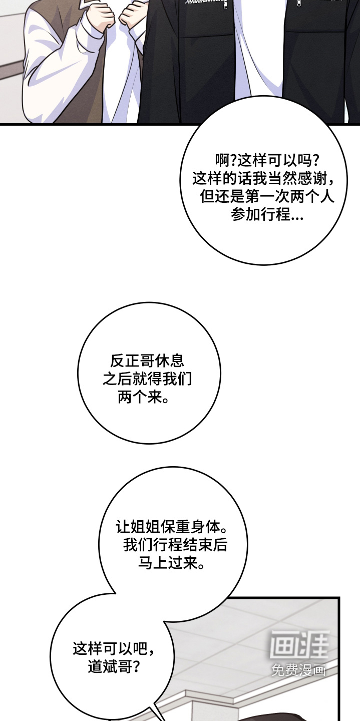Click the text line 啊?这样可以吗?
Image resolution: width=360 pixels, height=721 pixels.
coord(267,160)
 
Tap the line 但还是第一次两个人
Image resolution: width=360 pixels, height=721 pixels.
coord(267,196)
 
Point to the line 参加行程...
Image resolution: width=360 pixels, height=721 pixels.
coord(267,214)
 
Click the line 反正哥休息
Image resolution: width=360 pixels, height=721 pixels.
coord(147,361)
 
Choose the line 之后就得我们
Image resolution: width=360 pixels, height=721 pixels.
coord(147,379)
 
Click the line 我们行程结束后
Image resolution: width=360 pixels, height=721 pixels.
coord(175,545)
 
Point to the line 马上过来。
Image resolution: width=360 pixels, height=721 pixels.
coord(172,563)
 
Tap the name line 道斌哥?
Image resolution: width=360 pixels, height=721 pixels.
coord(114,666)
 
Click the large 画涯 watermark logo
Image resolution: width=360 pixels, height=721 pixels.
coord(299,644)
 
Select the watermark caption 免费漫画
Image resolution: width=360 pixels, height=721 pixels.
coord(298,670)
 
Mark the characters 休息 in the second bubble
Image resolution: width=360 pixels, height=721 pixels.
coord(170,361)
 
